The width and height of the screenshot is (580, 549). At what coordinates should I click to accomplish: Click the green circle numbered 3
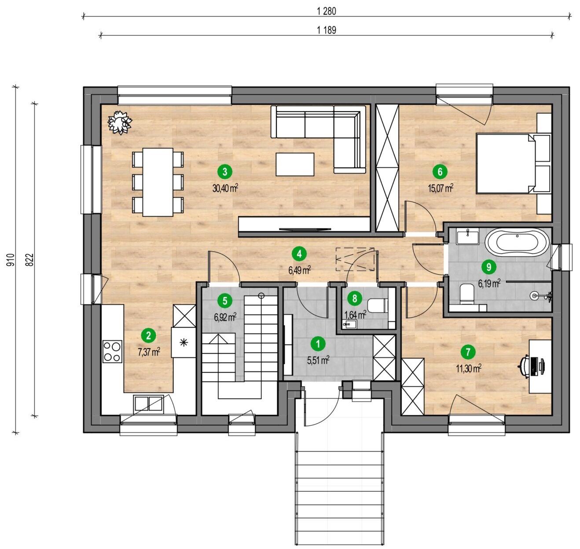tap(225, 171)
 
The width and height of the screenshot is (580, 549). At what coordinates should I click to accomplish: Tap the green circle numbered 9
tap(488, 267)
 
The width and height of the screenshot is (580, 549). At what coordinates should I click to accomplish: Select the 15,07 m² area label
tap(441, 188)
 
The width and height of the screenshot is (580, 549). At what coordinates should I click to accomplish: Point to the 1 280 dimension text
tap(326, 11)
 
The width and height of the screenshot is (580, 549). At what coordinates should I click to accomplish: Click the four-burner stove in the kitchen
tap(112, 352)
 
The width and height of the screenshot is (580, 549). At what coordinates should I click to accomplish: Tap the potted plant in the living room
tap(120, 122)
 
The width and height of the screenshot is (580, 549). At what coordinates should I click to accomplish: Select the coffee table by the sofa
tap(295, 164)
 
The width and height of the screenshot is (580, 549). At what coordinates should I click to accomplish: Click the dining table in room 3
tap(158, 182)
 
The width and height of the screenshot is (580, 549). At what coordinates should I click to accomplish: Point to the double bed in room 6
tap(514, 164)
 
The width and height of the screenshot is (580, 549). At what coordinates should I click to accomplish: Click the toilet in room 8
tap(377, 305)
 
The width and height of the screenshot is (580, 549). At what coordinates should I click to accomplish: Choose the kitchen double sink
tap(148, 404)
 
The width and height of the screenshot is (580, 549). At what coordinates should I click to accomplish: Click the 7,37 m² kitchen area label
tap(149, 352)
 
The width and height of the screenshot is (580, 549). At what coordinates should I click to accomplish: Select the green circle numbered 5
tap(225, 301)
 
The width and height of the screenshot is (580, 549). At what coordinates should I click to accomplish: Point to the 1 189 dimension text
tap(326, 30)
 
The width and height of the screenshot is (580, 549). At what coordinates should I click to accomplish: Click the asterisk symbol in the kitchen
tap(184, 343)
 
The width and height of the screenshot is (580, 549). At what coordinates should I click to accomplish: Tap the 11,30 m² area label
tap(469, 369)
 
